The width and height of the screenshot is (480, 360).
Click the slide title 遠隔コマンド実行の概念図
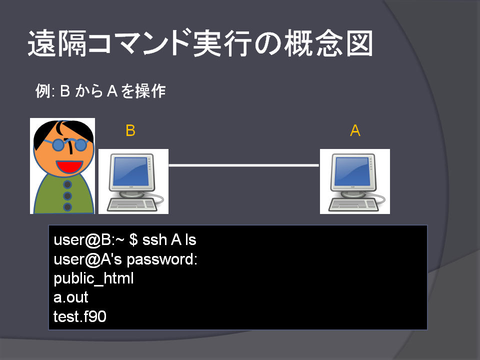[x=200, y=43]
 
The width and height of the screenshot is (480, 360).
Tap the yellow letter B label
[x=130, y=130]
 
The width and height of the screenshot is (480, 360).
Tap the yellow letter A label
[x=355, y=130]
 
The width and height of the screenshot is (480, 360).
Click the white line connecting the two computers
[x=243, y=165]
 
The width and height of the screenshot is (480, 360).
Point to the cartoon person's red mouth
[x=69, y=166]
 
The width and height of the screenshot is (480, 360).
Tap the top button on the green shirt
[x=67, y=184]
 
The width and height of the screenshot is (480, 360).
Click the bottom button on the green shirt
[x=67, y=207]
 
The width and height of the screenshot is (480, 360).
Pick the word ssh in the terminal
[x=154, y=239]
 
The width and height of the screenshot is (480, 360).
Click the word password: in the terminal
[x=162, y=260]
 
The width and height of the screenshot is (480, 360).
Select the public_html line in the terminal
[x=93, y=279]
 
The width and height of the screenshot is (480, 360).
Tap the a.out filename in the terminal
[x=71, y=297]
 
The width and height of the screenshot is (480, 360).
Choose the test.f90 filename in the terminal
[x=80, y=316]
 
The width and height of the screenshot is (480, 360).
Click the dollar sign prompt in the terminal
[x=133, y=239]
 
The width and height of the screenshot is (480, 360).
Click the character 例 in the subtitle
[x=42, y=91]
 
